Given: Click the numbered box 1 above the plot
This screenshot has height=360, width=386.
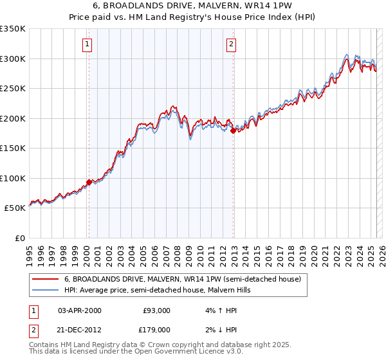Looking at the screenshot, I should pos(87,44).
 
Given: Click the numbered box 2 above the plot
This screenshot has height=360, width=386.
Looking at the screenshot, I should pos(231,44).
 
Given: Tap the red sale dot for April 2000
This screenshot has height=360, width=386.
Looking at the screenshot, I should pos(89,183).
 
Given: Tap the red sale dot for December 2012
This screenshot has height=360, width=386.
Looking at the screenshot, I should pos(234,131).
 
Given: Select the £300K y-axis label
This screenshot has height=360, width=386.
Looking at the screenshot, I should pos(13,59).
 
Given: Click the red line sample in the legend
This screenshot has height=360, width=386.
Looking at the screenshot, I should pos(46,280).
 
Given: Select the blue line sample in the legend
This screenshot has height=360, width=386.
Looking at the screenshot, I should pos(46,291).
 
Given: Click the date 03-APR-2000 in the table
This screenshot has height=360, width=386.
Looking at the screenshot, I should pos(80,310).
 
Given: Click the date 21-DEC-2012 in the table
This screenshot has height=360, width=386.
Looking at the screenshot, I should pos(80,329).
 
